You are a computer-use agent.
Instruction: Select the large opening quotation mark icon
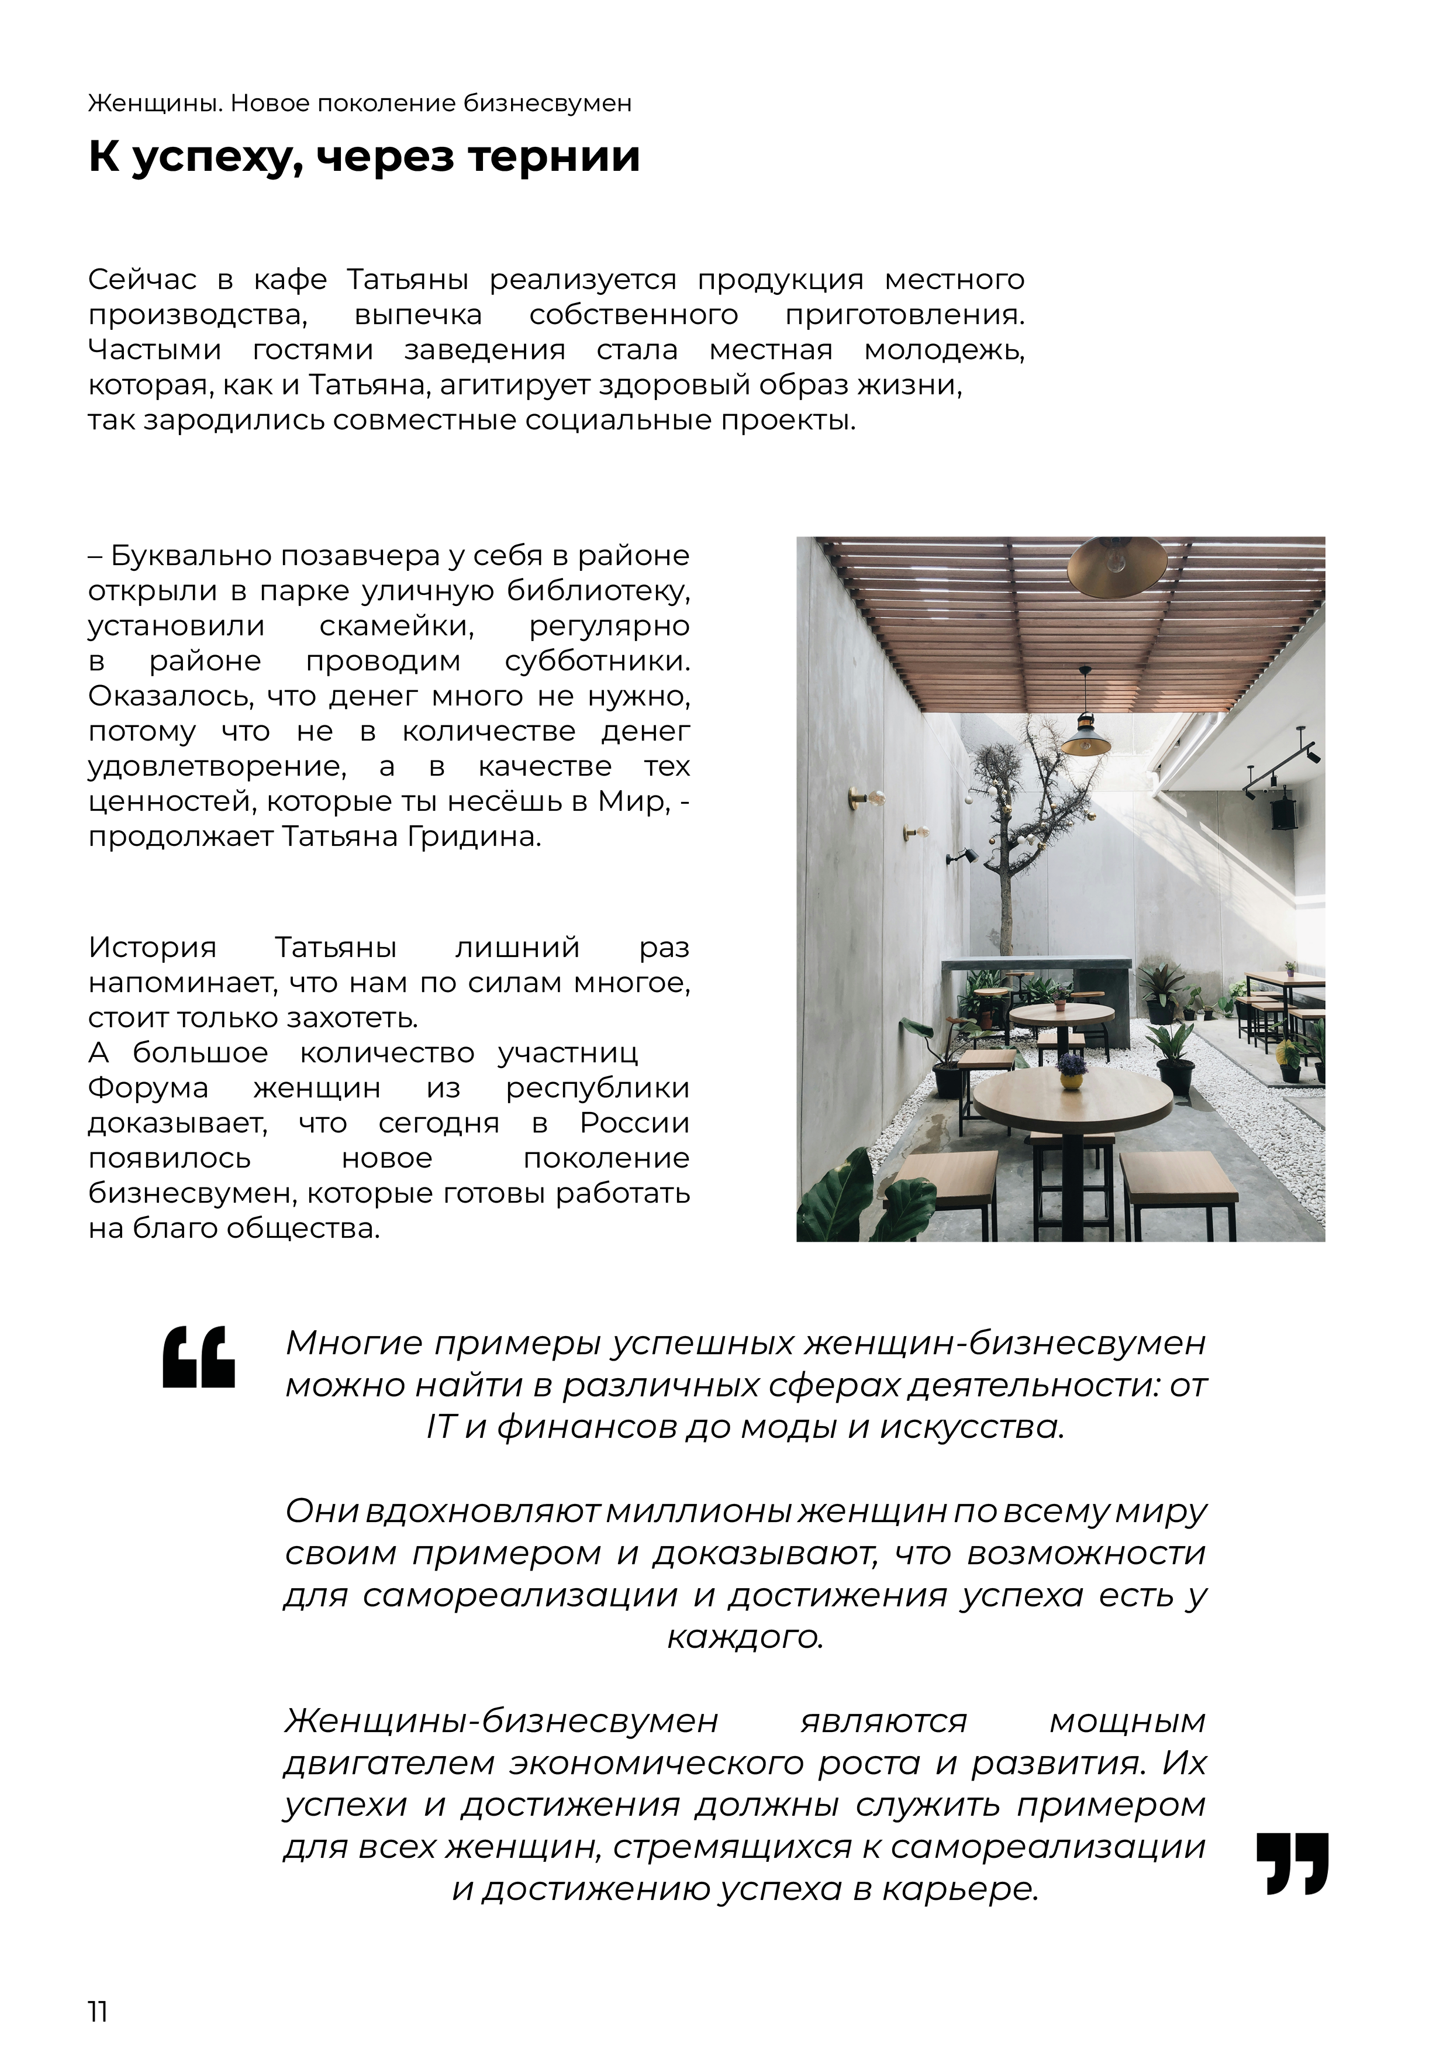tap(198, 1356)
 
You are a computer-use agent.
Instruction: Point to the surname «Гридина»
tap(482, 838)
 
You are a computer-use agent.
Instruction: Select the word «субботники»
tap(597, 662)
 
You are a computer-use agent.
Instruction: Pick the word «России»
tap(634, 1124)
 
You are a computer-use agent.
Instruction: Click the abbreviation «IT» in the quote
tap(440, 1427)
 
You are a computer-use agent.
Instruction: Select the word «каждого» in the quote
tap(744, 1637)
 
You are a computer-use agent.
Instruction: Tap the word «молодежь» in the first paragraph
tap(944, 350)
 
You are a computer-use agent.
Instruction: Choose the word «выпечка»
tap(417, 315)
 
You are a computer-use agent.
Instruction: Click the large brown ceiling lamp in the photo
tap(1117, 567)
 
